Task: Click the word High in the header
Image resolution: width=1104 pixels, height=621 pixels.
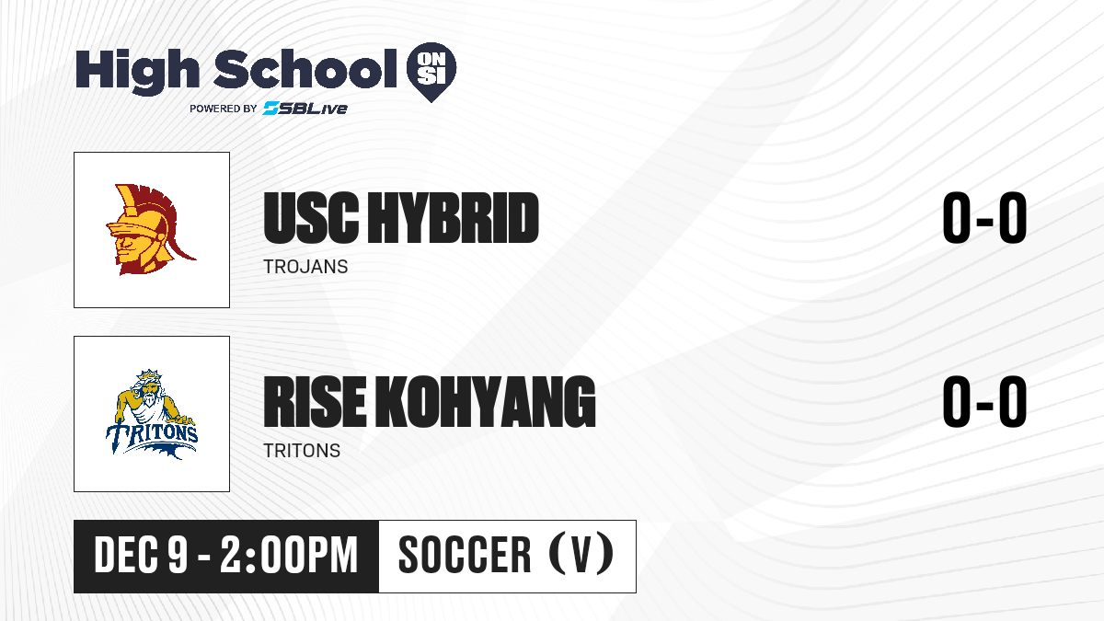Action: pos(137,72)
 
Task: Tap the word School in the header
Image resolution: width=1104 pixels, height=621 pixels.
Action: pos(305,69)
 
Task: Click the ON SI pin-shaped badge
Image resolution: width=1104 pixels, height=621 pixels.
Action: pos(431,72)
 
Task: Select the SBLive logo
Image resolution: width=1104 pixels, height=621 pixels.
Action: pos(305,109)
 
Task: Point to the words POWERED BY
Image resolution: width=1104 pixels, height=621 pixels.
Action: pos(224,109)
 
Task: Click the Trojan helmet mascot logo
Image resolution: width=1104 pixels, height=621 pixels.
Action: pos(151,230)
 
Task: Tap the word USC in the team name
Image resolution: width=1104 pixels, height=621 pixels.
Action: pos(311,218)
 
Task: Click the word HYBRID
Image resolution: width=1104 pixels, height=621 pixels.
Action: pos(454,218)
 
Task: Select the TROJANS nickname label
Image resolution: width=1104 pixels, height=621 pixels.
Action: pos(305,267)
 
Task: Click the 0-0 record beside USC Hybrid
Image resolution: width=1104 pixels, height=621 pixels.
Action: pos(984,218)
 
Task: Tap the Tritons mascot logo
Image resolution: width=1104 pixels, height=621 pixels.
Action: pos(152,414)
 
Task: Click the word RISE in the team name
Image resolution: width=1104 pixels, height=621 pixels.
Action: pos(315,402)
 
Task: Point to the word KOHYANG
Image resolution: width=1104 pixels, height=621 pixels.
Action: pos(486,402)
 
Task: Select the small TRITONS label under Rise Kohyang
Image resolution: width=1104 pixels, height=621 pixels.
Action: pos(302,451)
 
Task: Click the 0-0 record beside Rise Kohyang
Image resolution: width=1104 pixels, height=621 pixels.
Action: pos(984,402)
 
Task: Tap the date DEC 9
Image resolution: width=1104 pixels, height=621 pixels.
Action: pos(141,556)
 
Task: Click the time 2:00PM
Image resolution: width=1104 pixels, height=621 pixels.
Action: pos(289,556)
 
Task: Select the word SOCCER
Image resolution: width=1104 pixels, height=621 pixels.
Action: pos(465,556)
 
